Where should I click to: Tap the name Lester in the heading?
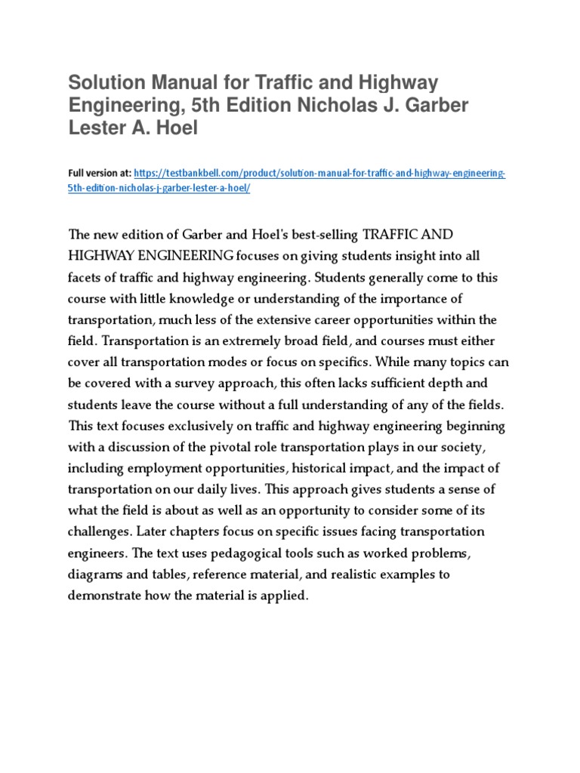point(97,128)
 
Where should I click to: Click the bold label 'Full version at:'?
point(100,174)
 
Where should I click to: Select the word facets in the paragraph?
point(85,277)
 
